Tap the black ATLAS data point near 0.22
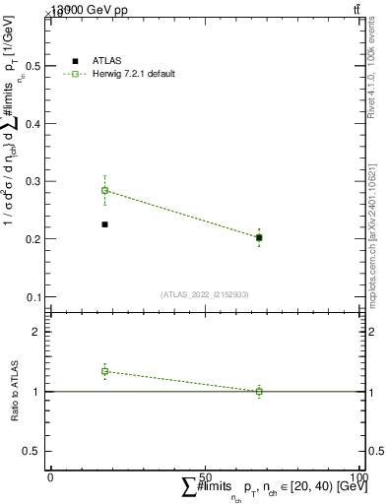(x=104, y=224)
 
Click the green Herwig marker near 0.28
(x=104, y=190)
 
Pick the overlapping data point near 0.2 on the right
(x=259, y=237)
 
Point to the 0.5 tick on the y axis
(x=36, y=66)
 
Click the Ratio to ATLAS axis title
(x=15, y=391)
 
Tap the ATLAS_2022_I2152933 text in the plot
(x=204, y=294)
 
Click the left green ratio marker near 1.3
(x=104, y=371)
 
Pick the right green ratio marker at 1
(x=259, y=391)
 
